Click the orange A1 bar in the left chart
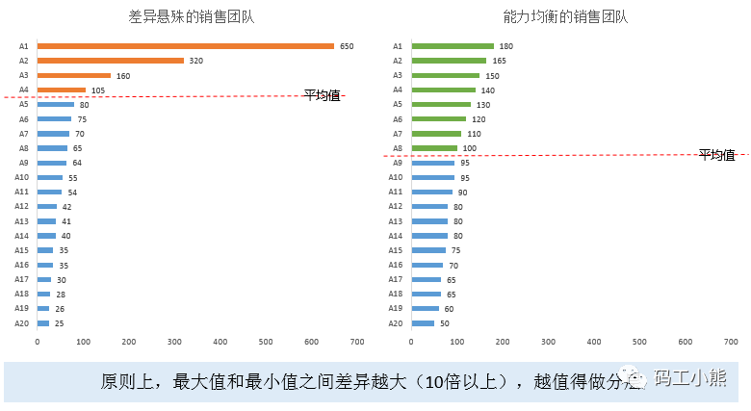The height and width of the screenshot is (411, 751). point(186,46)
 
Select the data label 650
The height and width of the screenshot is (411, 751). point(347,46)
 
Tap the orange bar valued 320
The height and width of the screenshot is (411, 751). point(111,61)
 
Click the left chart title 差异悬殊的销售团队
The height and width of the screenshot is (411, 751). point(192,16)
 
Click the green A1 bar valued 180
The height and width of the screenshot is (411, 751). point(453,46)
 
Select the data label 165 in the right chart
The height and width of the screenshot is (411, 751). point(499,61)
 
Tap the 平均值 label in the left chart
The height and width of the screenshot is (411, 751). point(322,94)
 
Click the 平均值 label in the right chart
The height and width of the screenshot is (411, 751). point(716,154)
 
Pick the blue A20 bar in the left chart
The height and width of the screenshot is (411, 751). point(43,323)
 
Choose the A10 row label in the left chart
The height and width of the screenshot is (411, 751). point(21,177)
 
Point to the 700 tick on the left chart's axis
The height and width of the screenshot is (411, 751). point(357,342)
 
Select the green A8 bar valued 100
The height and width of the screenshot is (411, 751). point(434,148)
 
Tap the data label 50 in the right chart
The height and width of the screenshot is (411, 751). point(445,323)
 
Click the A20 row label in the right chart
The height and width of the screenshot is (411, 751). point(395,323)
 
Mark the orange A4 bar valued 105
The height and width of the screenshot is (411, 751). point(62,90)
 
